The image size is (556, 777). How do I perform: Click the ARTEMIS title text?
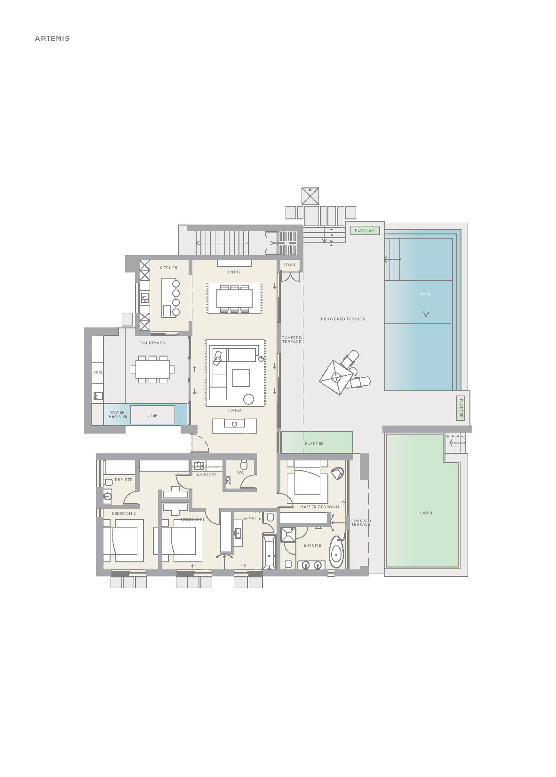pyautogui.click(x=52, y=39)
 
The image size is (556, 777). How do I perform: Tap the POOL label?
pyautogui.click(x=425, y=294)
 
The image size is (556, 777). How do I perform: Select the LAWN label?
pyautogui.click(x=426, y=513)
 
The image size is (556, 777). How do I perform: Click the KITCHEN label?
pyautogui.click(x=168, y=268)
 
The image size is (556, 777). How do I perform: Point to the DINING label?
pyautogui.click(x=233, y=272)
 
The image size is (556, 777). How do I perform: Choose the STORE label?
pyautogui.click(x=290, y=265)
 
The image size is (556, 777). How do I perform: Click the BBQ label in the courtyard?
pyautogui.click(x=97, y=372)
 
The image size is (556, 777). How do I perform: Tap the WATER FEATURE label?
pyautogui.click(x=118, y=414)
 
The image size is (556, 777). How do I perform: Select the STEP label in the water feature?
pyautogui.click(x=152, y=415)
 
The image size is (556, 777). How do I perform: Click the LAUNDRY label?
pyautogui.click(x=207, y=474)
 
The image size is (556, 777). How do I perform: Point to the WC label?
pyautogui.click(x=240, y=473)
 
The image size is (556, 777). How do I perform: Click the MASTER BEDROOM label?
pyautogui.click(x=319, y=507)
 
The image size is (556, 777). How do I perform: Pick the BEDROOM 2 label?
pyautogui.click(x=123, y=513)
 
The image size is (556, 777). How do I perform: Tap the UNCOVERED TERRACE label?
pyautogui.click(x=342, y=319)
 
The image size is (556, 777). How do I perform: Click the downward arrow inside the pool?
pyautogui.click(x=426, y=310)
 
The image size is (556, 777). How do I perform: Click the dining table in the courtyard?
pyautogui.click(x=152, y=369)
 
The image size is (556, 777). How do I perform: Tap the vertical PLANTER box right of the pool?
pyautogui.click(x=461, y=407)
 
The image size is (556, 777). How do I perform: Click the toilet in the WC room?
pyautogui.click(x=244, y=465)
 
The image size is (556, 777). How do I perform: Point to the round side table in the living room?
pyautogui.click(x=248, y=399)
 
